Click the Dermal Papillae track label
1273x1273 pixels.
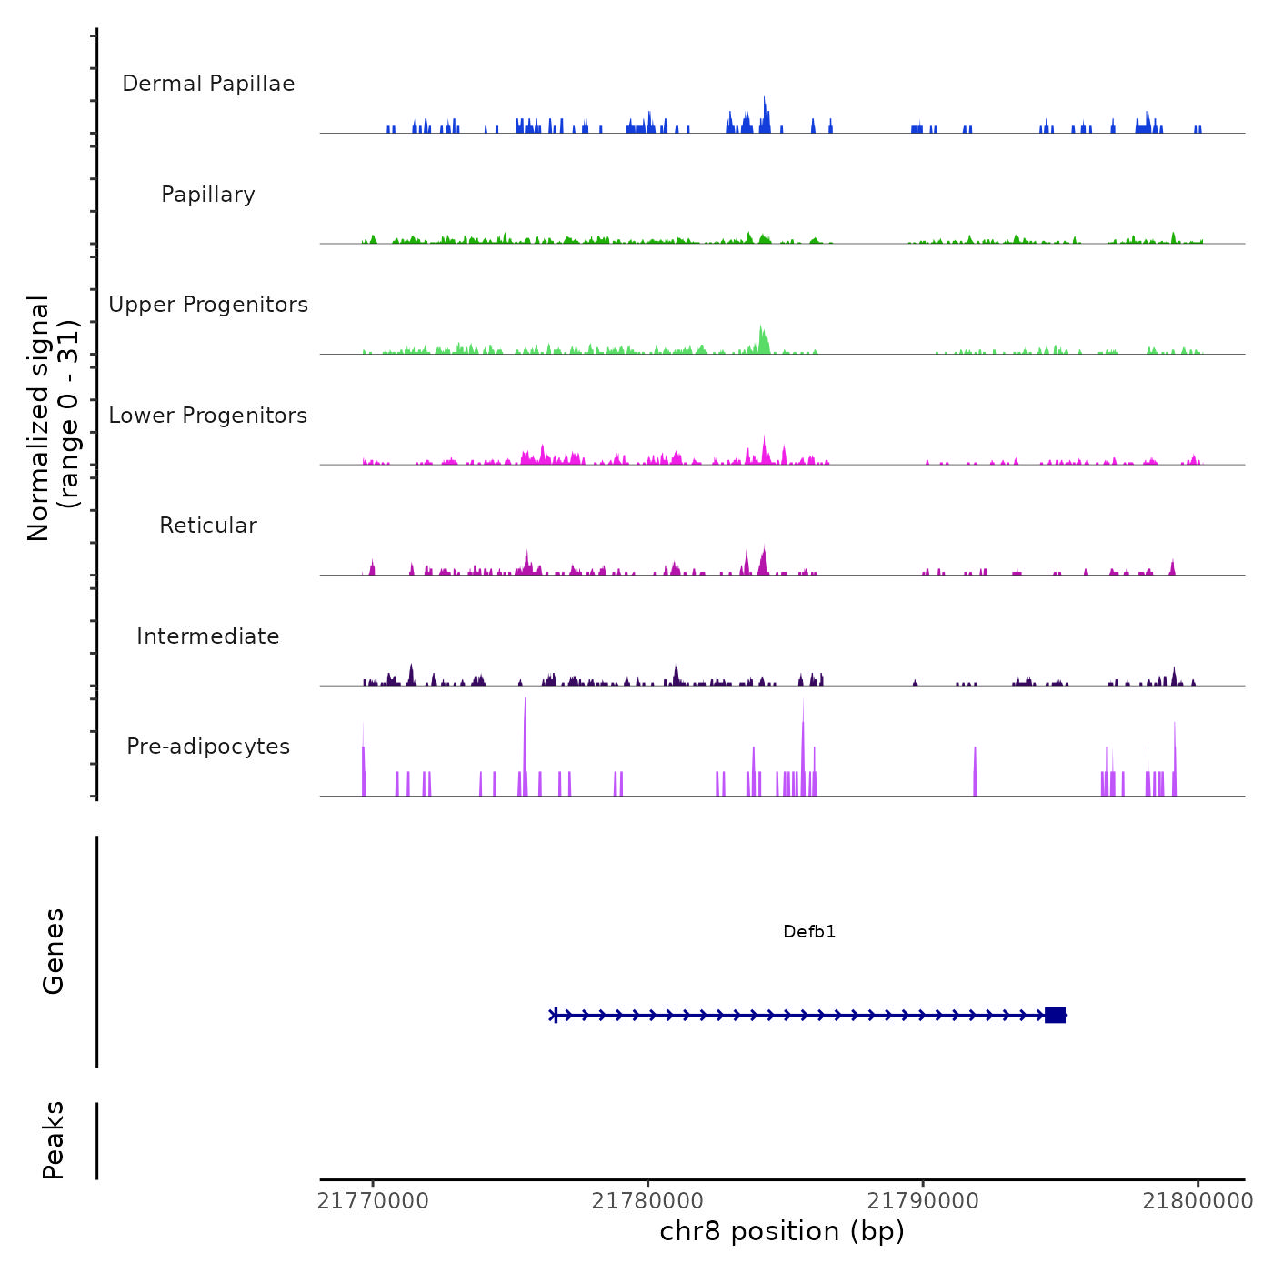click(x=208, y=84)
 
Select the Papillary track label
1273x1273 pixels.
click(x=208, y=195)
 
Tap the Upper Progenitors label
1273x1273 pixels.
click(x=208, y=305)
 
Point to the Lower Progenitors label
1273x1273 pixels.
click(x=208, y=416)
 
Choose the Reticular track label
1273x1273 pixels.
click(x=208, y=526)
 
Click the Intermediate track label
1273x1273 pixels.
click(x=208, y=636)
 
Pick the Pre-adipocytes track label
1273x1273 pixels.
click(x=208, y=747)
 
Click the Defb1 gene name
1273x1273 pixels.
click(x=809, y=932)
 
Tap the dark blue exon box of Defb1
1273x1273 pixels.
click(x=1055, y=1015)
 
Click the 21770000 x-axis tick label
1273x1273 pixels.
click(x=373, y=1201)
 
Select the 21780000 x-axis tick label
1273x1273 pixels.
click(x=648, y=1201)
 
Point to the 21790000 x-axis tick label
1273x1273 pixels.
click(x=923, y=1201)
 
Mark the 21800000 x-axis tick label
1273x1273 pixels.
click(x=1198, y=1201)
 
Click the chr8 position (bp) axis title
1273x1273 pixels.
click(x=782, y=1231)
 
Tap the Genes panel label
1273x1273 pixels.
click(x=54, y=951)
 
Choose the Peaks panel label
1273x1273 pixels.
click(x=54, y=1140)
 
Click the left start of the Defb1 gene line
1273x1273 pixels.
click(x=554, y=1015)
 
